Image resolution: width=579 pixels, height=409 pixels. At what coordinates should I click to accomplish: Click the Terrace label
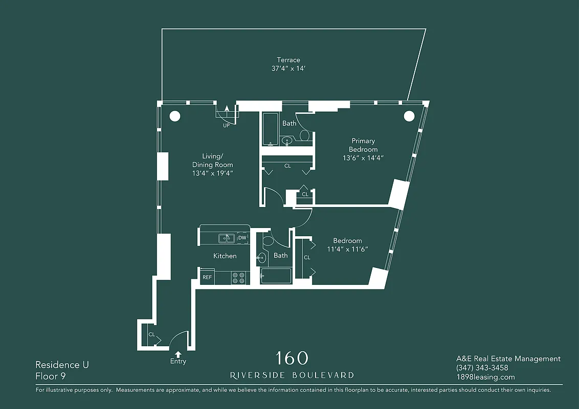289,60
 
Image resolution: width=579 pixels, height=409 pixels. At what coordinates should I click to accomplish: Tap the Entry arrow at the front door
178,353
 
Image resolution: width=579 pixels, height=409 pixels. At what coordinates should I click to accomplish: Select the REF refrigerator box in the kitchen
207,277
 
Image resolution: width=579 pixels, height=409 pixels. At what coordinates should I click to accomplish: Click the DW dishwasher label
242,238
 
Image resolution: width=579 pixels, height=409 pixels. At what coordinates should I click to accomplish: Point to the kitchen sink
226,238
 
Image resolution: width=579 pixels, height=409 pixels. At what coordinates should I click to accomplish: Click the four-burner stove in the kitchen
238,278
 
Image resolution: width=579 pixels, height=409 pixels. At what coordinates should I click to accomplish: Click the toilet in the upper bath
304,135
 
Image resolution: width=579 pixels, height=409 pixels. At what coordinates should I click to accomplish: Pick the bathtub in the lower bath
276,276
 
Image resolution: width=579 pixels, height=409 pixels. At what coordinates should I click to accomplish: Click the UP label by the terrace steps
226,126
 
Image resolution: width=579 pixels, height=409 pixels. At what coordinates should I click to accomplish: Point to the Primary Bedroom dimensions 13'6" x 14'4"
363,158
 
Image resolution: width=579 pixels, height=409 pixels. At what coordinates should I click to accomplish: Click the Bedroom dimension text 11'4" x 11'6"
348,249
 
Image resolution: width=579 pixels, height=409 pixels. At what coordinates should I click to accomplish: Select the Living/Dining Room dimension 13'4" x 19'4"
212,173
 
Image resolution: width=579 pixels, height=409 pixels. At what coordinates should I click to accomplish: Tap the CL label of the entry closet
151,334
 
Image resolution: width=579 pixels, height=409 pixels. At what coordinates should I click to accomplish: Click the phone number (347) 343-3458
482,368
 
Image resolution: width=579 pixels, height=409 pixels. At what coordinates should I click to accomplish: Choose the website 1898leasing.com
485,377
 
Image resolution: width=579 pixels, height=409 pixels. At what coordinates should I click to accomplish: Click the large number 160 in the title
292,358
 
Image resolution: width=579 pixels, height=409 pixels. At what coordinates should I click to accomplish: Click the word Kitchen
225,256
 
